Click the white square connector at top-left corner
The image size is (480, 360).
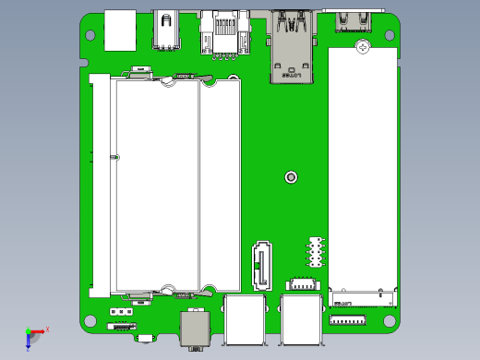point(120,30)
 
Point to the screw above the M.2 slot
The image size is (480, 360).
point(363,45)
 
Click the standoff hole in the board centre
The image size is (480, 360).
point(292,176)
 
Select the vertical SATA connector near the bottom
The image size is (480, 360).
point(261,266)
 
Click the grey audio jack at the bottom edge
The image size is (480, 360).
point(195,329)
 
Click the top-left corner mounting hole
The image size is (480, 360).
point(90,35)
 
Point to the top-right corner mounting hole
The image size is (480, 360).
point(392,35)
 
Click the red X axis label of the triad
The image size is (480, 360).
point(47,329)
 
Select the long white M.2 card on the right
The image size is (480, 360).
point(363,171)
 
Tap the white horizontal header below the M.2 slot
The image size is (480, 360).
point(347,320)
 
